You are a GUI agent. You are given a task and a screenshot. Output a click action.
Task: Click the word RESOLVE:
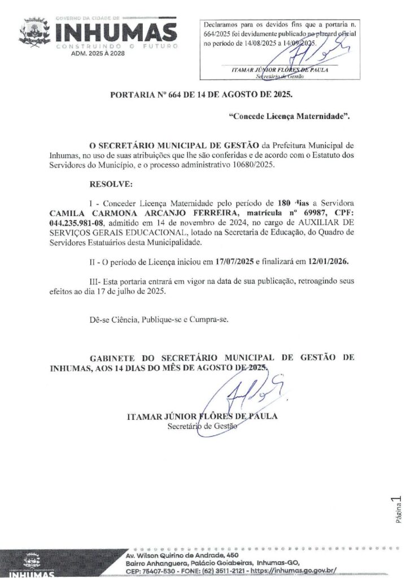coord(112,184)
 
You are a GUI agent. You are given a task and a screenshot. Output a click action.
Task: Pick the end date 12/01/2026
coord(328,262)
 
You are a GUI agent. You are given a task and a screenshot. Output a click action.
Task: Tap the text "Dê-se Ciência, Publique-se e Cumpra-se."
coord(159,319)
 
